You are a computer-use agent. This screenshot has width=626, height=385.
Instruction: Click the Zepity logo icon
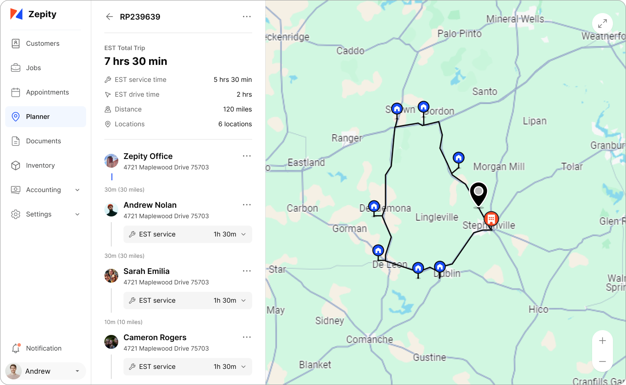point(16,14)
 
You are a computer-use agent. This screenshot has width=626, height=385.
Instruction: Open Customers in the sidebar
point(43,44)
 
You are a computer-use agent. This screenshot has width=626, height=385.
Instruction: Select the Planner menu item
point(38,117)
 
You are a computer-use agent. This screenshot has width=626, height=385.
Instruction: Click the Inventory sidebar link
point(40,165)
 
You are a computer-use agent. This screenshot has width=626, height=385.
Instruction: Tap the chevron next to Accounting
point(77,190)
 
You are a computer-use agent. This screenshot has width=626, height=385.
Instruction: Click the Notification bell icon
point(16,348)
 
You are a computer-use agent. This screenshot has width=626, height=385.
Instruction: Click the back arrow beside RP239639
point(109,17)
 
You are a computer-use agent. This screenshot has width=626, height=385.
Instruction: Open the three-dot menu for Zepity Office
point(247,156)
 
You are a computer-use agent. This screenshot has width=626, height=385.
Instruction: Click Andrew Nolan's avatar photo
point(111,209)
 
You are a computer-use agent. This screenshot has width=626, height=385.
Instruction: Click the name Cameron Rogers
point(155,338)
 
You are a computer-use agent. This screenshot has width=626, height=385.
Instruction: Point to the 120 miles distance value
point(237,109)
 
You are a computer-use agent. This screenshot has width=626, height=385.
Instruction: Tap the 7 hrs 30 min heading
point(136,61)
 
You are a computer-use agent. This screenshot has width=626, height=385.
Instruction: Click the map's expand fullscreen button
point(602,24)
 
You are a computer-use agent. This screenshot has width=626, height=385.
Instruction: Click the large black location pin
point(479,193)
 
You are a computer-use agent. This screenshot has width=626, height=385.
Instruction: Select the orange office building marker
point(491,219)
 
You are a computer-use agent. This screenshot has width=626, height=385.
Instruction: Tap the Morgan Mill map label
point(499,167)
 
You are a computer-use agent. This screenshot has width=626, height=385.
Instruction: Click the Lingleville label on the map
point(436,217)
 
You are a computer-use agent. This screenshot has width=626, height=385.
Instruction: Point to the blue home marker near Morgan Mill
point(459,158)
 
